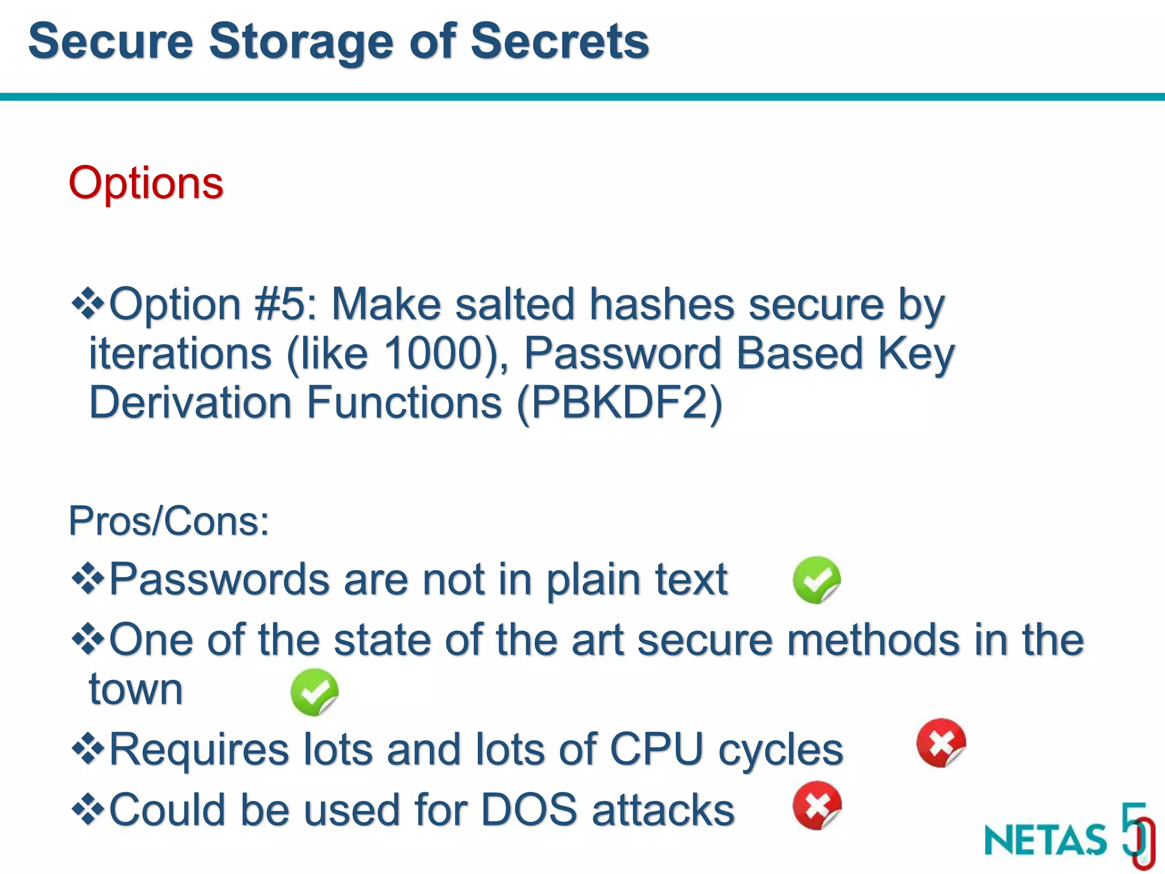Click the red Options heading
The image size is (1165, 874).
click(x=146, y=183)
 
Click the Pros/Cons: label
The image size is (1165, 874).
click(x=168, y=521)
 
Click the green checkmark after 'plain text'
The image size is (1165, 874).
click(x=816, y=580)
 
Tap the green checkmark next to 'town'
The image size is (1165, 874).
click(x=314, y=692)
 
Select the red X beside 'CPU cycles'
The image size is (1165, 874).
click(x=941, y=743)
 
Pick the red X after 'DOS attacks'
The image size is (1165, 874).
click(x=817, y=806)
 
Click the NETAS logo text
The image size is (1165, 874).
click(x=1046, y=840)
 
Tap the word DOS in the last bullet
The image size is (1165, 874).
click(x=529, y=810)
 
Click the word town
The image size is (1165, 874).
click(x=135, y=690)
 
